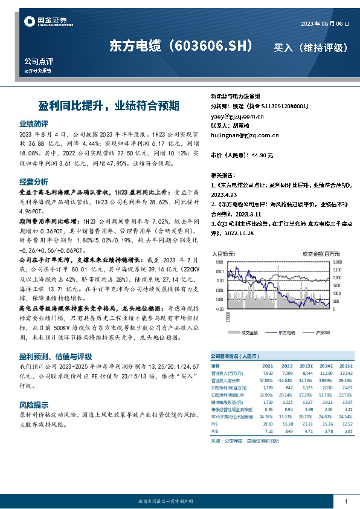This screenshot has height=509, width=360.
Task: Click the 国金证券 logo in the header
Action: (44, 22)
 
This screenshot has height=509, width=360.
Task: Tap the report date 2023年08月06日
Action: (324, 24)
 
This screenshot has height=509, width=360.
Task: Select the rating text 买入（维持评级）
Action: (310, 47)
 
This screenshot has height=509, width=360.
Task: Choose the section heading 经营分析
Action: (34, 181)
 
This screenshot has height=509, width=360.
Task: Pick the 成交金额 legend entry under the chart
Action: (248, 332)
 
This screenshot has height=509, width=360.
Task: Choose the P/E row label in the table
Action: (214, 423)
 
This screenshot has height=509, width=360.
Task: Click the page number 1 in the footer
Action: (346, 501)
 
